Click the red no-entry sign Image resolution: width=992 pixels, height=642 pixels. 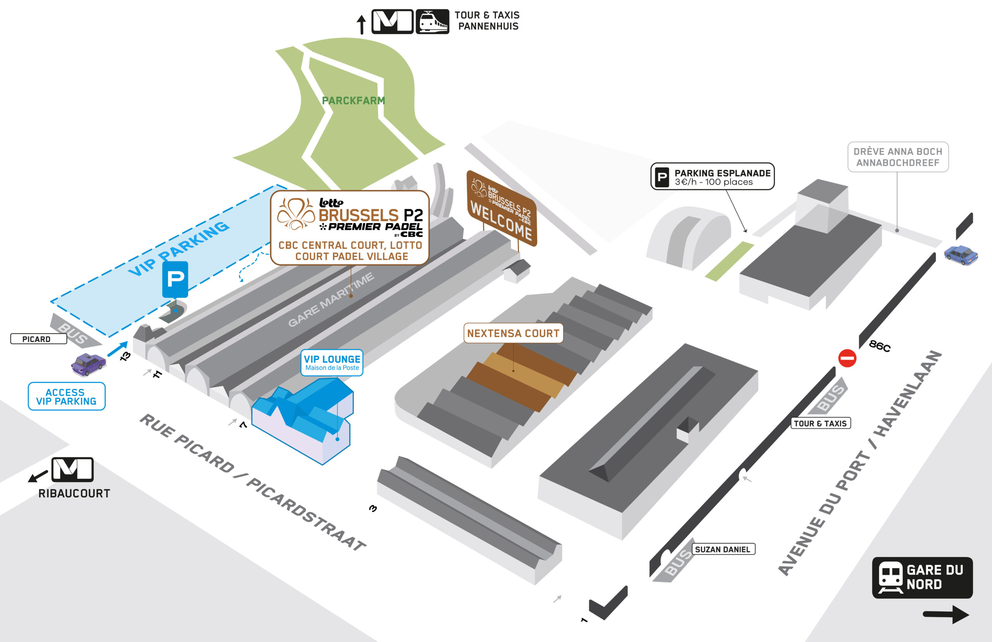847,358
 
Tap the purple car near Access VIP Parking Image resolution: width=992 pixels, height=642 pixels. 88,364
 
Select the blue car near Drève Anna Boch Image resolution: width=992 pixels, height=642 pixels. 960,255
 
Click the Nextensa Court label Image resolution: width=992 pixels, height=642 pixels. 513,333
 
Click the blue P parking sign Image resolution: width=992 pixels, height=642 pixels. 175,279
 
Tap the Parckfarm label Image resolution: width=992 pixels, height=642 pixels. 353,100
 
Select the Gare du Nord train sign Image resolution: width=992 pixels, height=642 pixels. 922,577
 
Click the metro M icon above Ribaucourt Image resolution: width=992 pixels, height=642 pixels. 72,469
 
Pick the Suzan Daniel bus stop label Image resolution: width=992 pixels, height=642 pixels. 723,549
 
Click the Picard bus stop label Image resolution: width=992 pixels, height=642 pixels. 38,339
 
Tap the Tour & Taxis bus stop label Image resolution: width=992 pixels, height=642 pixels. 820,423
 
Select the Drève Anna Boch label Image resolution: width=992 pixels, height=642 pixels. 898,157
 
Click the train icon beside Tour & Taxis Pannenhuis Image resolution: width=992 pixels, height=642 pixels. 432,22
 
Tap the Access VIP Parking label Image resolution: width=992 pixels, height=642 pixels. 66,396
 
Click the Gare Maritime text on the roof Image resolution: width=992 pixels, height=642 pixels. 331,300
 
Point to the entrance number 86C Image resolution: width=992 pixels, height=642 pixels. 879,346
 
